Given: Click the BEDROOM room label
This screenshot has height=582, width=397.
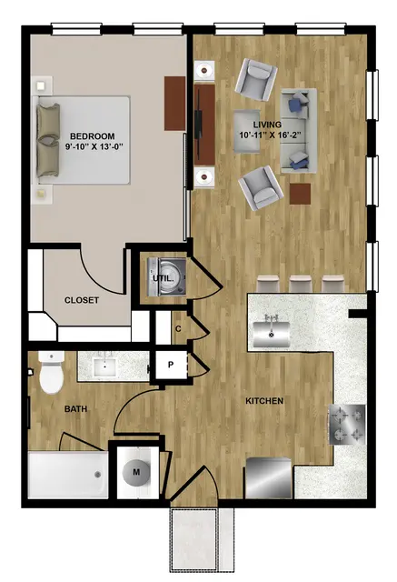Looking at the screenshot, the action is point(93,136).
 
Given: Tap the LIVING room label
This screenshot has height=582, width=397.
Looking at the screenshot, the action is point(267,125).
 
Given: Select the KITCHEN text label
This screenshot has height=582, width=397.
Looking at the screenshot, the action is point(264,401).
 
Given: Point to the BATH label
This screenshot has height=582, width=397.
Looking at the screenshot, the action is point(76,409).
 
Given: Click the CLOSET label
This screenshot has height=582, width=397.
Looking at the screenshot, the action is point(82,300).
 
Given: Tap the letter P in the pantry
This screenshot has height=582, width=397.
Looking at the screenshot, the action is point(171,365).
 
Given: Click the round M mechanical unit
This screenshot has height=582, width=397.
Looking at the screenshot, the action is point(136,472).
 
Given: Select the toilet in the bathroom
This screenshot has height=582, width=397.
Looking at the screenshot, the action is point(52,373).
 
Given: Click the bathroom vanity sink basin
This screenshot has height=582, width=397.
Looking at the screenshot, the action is point(105,366).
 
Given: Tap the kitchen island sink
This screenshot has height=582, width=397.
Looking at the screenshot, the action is point(272,334).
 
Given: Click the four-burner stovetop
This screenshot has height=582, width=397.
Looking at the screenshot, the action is point(347,425).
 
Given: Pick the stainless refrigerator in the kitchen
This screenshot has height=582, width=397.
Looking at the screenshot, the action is point(269,478).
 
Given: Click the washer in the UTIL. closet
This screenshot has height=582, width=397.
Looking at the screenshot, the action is point(166,276).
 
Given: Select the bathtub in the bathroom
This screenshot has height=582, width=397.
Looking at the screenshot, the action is point(68,475).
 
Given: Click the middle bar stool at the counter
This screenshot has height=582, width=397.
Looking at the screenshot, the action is point(301,284).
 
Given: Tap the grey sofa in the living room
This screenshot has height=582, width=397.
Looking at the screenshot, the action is point(299,131).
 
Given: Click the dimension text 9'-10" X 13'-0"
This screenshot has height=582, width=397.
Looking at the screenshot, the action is point(94,147).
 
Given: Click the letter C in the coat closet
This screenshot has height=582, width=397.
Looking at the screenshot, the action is point(178,329).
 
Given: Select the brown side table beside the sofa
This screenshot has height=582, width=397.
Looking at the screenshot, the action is point(301,194).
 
